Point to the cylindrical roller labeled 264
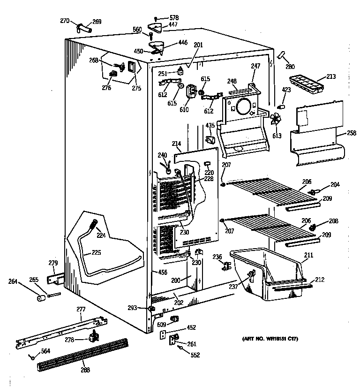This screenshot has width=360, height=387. tap(41, 298)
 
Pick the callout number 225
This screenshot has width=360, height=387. tap(96, 253)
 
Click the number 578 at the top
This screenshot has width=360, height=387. tap(173, 17)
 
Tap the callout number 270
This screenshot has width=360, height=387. tap(65, 20)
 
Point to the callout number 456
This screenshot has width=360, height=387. tap(162, 272)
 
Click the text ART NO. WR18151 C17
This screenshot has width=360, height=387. tap(270, 339)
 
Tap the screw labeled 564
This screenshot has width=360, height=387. tap(32, 358)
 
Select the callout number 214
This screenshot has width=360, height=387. tap(176, 144)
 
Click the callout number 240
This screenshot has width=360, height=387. tap(162, 155)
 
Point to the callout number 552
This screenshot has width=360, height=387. tap(195, 355)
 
